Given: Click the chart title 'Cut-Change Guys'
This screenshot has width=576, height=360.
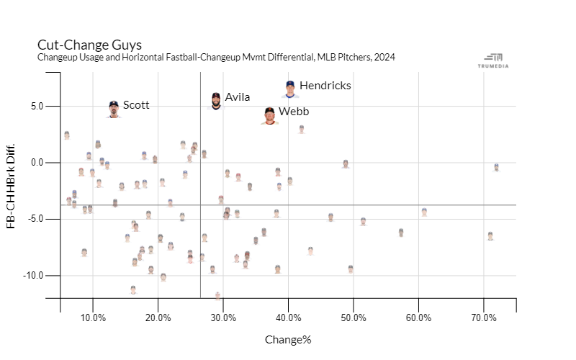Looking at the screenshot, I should coord(89,45).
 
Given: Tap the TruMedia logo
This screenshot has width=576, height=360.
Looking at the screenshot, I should coord(494,61).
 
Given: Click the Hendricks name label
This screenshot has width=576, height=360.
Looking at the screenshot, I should coord(325,86).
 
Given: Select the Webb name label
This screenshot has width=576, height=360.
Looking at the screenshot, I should coord(294,112).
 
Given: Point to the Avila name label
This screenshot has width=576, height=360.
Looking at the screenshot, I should coord(238,97).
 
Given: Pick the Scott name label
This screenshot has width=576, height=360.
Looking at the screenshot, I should coord(136,105).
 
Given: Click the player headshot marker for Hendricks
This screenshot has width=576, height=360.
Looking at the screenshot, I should coord(289,89).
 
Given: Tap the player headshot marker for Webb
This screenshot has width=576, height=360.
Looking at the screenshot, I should coord(269,116).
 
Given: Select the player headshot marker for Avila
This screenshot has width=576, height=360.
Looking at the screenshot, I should coord(216,101).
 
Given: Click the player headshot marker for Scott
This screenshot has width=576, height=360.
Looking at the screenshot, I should coord(114,109).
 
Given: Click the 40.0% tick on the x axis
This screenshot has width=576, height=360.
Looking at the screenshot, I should coord(289,318).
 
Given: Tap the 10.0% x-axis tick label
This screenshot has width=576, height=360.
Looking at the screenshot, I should coord(93,318).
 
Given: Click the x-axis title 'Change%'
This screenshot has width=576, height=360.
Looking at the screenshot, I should coord(288,339).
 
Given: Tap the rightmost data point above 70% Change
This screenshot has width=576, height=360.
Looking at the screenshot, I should coord(497,167).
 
